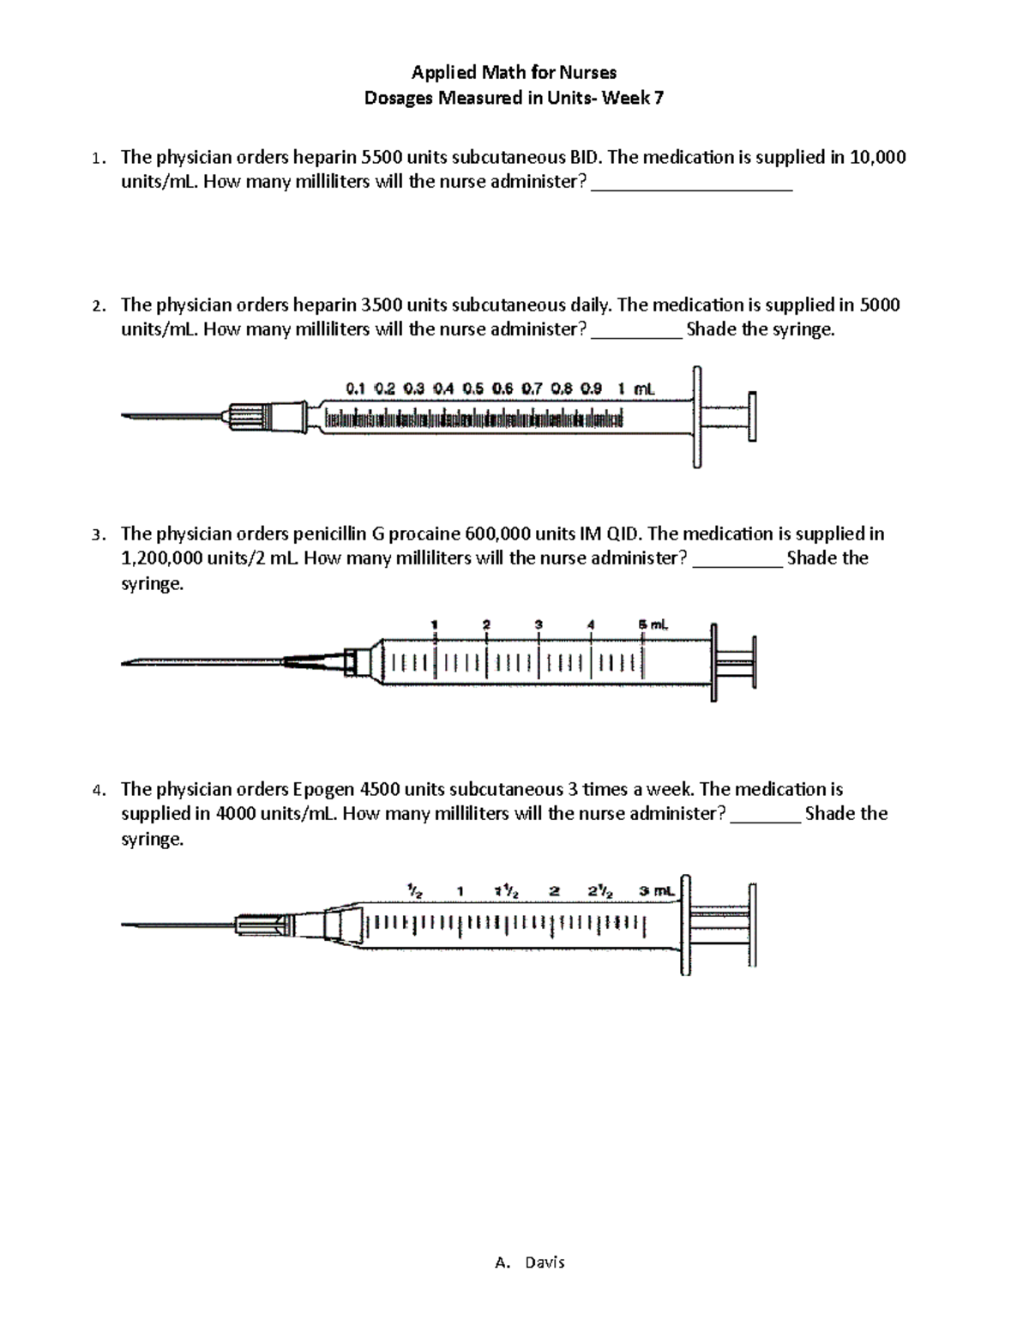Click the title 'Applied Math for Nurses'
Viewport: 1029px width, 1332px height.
pyautogui.click(x=514, y=72)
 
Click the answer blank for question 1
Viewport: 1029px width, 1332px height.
pyautogui.click(x=692, y=184)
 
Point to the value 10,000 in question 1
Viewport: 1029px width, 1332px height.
pyautogui.click(x=877, y=157)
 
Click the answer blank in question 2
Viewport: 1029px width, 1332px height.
pyautogui.click(x=636, y=331)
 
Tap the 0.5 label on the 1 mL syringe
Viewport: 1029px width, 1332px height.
pyautogui.click(x=473, y=389)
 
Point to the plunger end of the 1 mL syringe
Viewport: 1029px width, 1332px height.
pyautogui.click(x=753, y=417)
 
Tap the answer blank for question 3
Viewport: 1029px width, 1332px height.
pyautogui.click(x=737, y=560)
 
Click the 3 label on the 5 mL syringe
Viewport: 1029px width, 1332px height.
pyautogui.click(x=539, y=624)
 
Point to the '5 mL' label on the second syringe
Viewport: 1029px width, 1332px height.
pyautogui.click(x=653, y=624)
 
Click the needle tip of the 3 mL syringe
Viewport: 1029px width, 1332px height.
pyautogui.click(x=125, y=925)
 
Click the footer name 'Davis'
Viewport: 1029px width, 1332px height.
pyautogui.click(x=544, y=1263)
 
